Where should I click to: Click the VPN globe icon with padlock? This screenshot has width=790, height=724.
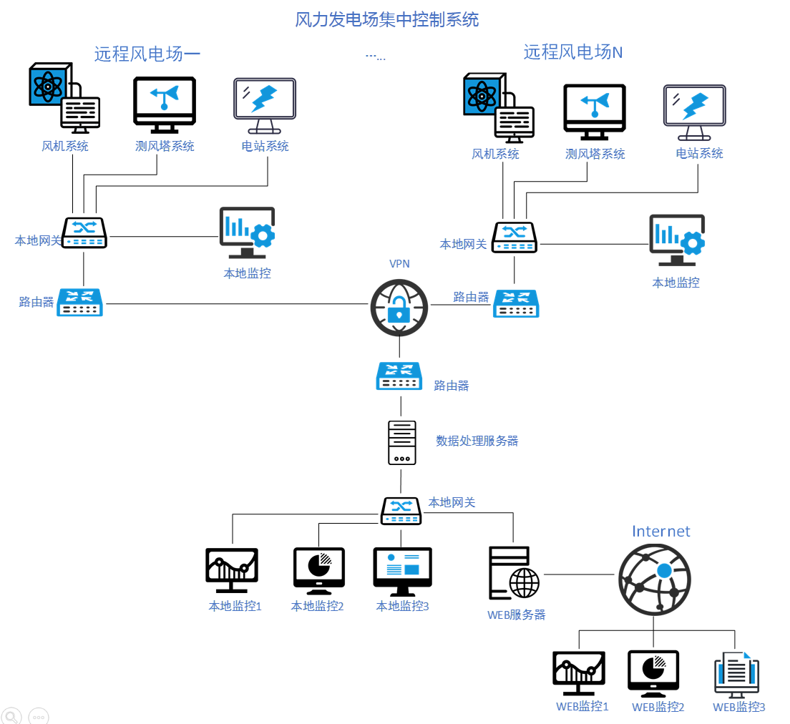click(x=399, y=308)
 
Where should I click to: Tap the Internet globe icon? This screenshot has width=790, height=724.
click(x=654, y=579)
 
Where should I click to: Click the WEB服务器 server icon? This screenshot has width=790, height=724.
click(x=513, y=574)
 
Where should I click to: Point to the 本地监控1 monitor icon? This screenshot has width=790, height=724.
click(x=231, y=570)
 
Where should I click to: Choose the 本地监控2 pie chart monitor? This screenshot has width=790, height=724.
click(x=318, y=570)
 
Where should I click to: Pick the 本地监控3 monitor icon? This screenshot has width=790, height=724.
click(x=402, y=571)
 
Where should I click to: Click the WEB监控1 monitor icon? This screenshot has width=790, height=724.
click(x=579, y=672)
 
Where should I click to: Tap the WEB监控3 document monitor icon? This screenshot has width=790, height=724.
click(x=736, y=674)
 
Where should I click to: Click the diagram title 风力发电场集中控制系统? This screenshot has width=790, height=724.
click(x=387, y=19)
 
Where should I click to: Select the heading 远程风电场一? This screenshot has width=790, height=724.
click(x=147, y=54)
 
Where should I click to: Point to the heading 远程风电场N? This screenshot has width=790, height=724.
click(x=573, y=52)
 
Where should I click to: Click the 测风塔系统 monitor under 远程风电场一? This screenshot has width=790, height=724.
click(x=164, y=105)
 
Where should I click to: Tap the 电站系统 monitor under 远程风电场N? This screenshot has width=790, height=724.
click(x=694, y=112)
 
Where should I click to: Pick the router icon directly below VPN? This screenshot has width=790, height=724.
click(x=399, y=376)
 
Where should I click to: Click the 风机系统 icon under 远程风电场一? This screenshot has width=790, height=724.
click(x=64, y=99)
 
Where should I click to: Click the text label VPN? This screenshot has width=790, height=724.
click(x=399, y=263)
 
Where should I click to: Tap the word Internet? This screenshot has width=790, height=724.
click(x=660, y=531)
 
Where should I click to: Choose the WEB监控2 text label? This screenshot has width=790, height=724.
click(x=658, y=707)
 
